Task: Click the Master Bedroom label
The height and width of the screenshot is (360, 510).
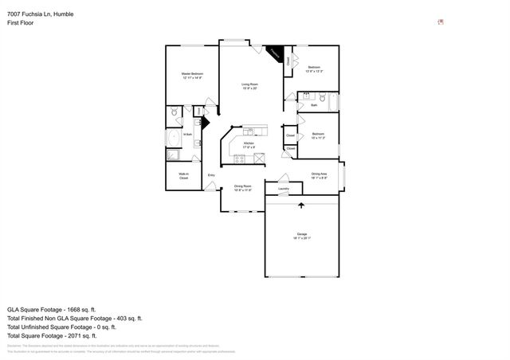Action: (x=191, y=75)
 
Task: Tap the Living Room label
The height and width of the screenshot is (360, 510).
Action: (x=250, y=85)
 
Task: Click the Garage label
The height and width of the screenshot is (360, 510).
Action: (x=302, y=235)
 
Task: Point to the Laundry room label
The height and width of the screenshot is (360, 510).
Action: (x=283, y=189)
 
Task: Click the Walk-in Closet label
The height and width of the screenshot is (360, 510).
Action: (x=183, y=177)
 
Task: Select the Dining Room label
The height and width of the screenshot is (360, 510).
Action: (x=242, y=189)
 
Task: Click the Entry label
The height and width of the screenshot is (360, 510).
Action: (x=211, y=174)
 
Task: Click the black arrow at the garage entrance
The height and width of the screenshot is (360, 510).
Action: (x=301, y=205)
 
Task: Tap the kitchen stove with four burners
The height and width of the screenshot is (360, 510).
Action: (x=238, y=160)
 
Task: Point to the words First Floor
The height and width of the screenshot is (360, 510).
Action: (x=20, y=23)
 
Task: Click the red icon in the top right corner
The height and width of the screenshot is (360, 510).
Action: (x=441, y=22)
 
